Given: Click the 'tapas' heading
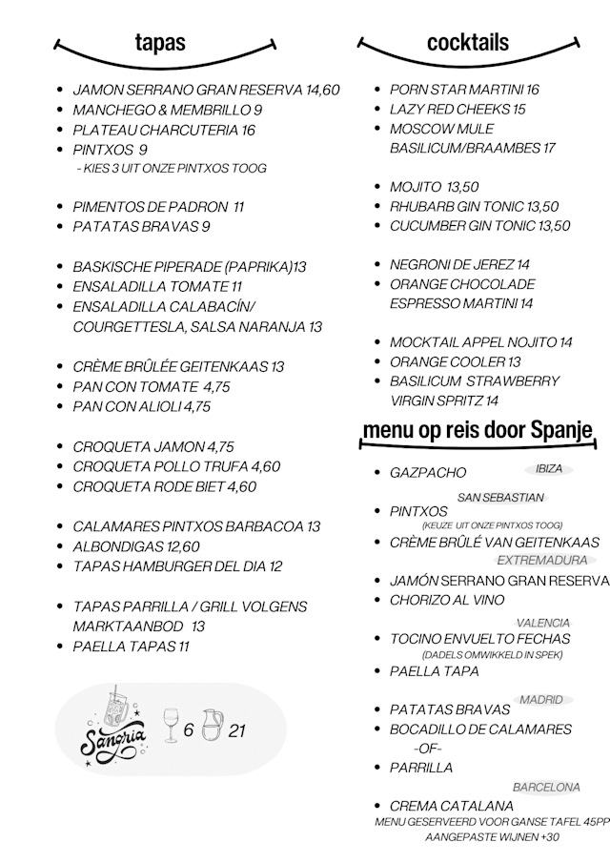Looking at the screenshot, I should (x=160, y=42).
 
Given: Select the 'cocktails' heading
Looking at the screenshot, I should (x=467, y=42).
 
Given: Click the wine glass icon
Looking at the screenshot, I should (x=171, y=727).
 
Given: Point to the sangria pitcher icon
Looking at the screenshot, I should (x=212, y=726).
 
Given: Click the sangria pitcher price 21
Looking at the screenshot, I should (x=237, y=731).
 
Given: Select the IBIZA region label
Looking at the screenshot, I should (x=549, y=469).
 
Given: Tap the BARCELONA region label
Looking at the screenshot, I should (x=546, y=788).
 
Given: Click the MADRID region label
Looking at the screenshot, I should (x=541, y=700).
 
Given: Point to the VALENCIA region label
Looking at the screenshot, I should (x=543, y=623).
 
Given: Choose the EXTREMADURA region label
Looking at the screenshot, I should (x=542, y=560).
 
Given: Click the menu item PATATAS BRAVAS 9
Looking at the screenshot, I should (x=141, y=227).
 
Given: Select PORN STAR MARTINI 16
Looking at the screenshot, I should (x=464, y=90).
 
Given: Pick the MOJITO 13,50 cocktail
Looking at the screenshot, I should (x=434, y=187).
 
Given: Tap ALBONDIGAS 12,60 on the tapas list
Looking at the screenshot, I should (x=136, y=546).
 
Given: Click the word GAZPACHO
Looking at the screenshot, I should (x=428, y=473).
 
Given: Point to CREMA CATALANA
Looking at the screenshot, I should (x=452, y=806).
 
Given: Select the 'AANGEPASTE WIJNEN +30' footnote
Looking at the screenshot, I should (x=492, y=837).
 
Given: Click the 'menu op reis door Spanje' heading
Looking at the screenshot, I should (x=478, y=431).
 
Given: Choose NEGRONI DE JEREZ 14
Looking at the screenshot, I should (x=459, y=264).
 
